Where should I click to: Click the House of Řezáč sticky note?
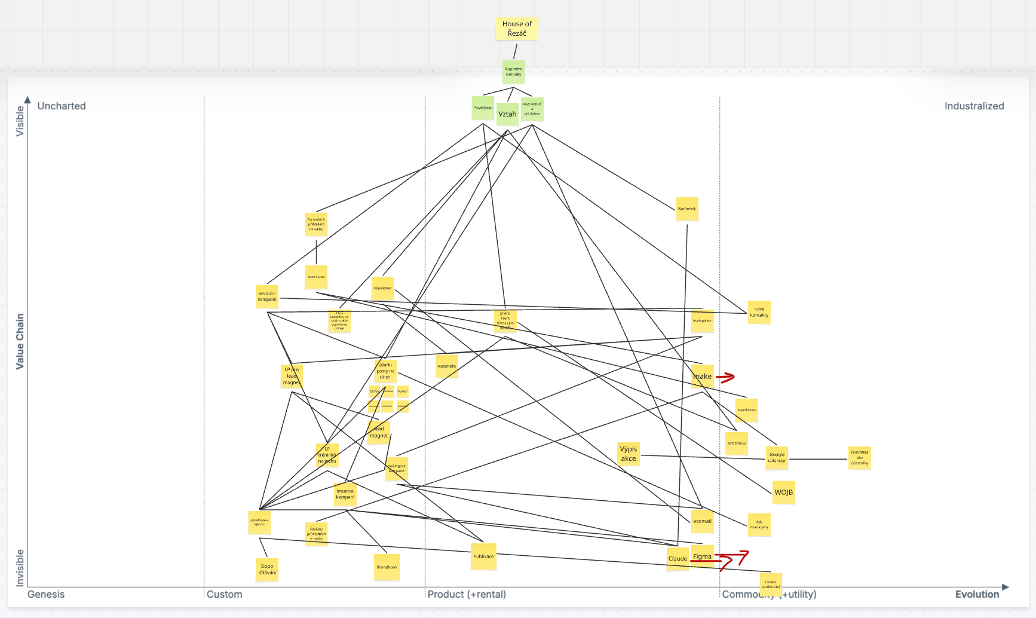tap(517, 29)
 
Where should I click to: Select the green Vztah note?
tap(507, 114)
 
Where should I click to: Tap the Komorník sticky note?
tap(687, 209)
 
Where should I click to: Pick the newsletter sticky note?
tap(382, 288)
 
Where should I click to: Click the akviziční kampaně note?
tap(267, 296)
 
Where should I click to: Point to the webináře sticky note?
tap(446, 366)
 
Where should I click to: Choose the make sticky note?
tap(703, 377)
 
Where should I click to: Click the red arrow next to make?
tap(725, 377)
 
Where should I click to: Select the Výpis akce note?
tap(629, 454)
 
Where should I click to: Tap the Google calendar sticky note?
tap(777, 458)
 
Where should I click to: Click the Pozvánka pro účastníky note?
tap(859, 458)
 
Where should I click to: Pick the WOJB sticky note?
tap(783, 492)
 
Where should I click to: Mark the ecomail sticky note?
tap(702, 521)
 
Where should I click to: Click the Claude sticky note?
tap(678, 559)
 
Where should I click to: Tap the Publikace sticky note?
tap(483, 556)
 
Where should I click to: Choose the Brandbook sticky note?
tap(387, 567)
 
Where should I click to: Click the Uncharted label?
tap(62, 106)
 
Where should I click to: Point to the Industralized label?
tap(974, 106)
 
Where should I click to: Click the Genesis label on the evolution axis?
tap(46, 594)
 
